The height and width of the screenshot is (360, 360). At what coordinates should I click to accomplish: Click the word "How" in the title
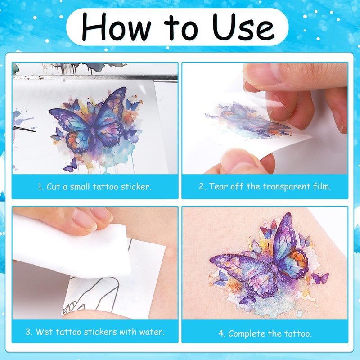point(116,27)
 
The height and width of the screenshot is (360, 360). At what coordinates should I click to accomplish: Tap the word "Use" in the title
point(244,27)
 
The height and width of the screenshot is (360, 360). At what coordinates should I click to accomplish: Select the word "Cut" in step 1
point(53,186)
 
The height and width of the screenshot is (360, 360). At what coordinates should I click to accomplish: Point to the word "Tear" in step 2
point(218,186)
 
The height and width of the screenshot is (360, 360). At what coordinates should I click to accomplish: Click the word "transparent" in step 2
point(287,187)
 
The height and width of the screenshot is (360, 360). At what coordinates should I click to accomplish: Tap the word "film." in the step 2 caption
point(322,186)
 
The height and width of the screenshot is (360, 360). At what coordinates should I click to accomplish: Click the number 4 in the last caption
point(221,333)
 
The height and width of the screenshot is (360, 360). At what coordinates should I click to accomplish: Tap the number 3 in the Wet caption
point(28,332)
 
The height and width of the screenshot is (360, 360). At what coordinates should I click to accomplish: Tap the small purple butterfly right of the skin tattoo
point(320,278)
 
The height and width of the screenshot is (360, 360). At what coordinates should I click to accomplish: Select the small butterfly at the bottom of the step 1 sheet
point(71,165)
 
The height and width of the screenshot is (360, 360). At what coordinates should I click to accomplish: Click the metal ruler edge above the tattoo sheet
point(95,77)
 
